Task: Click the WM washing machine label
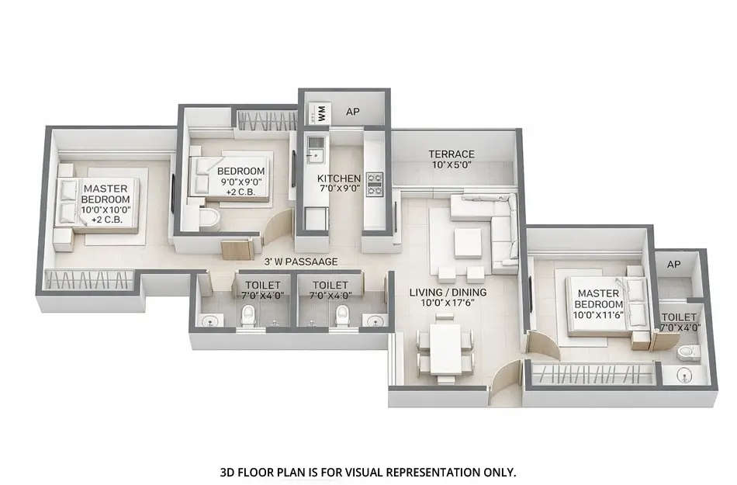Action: [320, 113]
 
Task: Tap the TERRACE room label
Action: [452, 154]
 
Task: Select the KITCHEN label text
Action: [339, 178]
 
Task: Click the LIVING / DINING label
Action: [448, 292]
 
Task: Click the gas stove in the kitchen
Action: [375, 183]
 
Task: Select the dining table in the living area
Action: [445, 348]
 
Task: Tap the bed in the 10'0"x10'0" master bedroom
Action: [97, 203]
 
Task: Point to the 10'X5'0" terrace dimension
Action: [452, 165]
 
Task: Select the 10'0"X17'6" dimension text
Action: [448, 303]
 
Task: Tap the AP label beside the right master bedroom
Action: [673, 265]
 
